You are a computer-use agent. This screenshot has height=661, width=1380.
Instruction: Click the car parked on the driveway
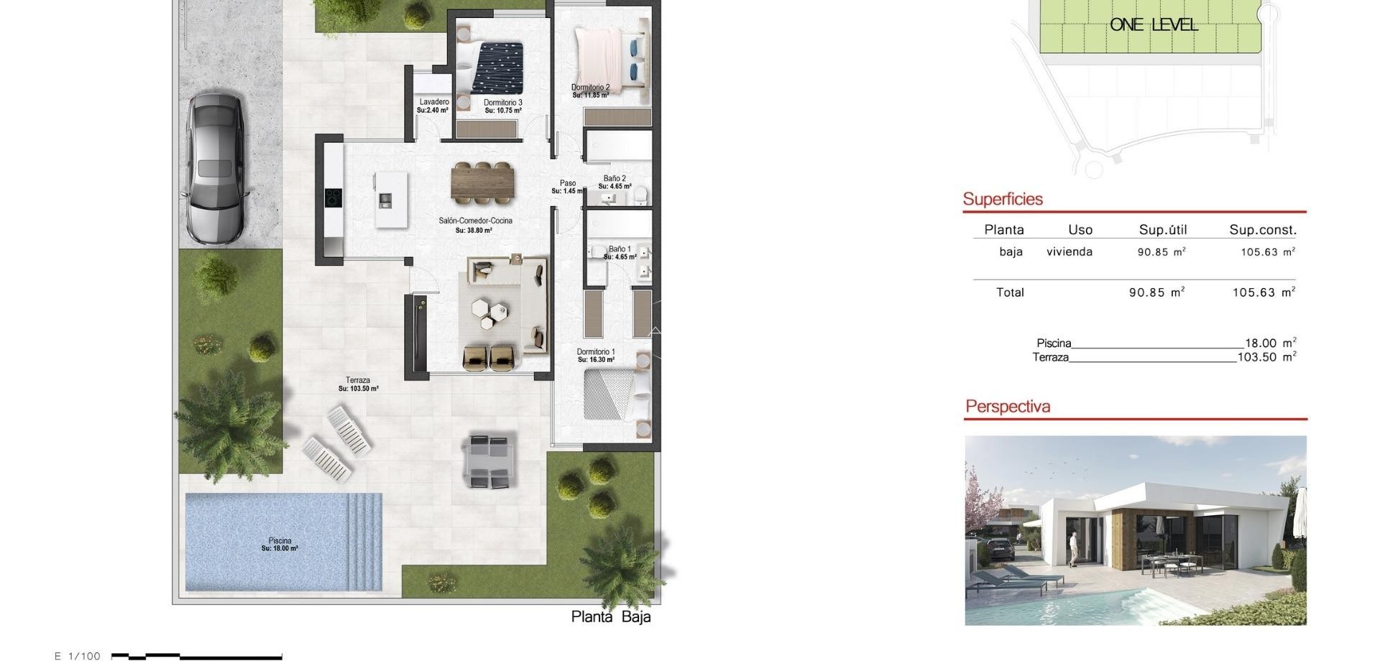216,168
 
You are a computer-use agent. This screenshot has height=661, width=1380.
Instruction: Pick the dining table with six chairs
483,182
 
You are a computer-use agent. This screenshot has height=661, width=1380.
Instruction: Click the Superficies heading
1003,199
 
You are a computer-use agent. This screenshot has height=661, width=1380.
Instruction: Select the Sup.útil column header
1162,230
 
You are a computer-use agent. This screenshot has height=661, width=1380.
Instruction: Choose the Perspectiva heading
1008,406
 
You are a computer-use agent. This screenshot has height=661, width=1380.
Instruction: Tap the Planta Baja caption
611,616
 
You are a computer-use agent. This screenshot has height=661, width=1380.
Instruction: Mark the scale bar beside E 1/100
196,656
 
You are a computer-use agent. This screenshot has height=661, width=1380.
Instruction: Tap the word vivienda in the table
1069,251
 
